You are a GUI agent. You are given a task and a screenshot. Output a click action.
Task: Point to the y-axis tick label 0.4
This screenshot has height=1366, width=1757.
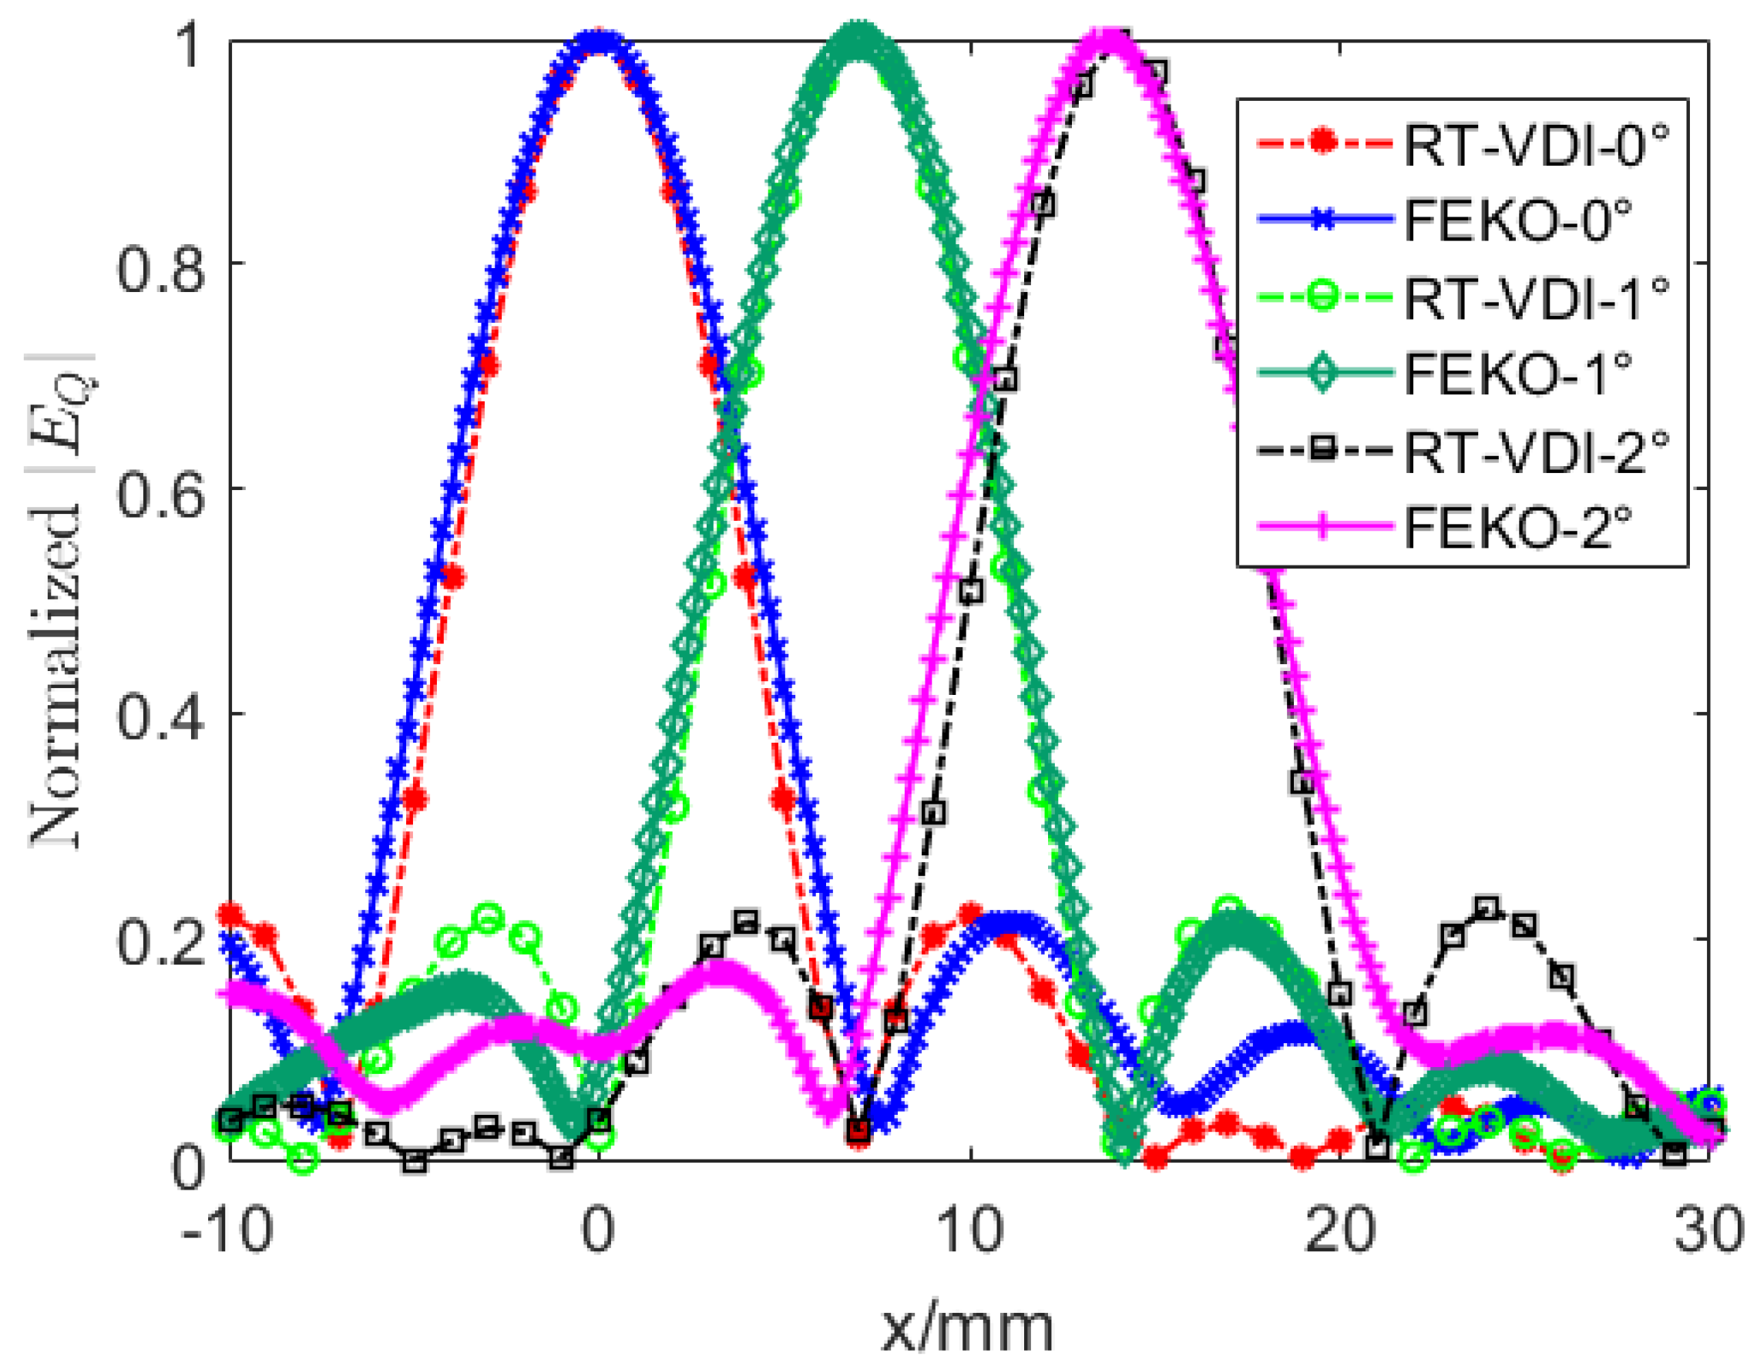[159, 715]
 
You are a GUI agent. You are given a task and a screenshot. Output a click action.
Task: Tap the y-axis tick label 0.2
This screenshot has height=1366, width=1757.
[159, 941]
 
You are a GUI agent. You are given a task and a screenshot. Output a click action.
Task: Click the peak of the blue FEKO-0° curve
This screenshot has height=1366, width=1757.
[599, 40]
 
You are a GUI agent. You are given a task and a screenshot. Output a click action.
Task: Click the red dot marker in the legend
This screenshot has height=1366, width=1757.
[1322, 144]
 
